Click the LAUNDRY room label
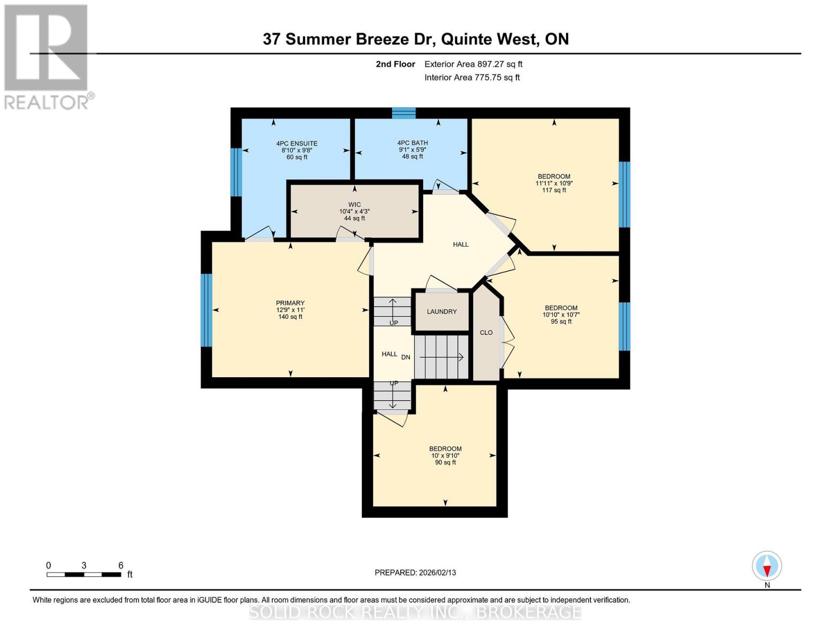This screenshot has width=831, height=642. tap(441, 311)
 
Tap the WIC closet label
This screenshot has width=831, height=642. tap(354, 204)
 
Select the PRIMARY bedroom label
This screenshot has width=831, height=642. tap(290, 303)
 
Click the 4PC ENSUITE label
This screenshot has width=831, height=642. tap(296, 143)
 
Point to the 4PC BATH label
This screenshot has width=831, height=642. tap(412, 143)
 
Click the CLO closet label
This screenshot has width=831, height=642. tap(486, 333)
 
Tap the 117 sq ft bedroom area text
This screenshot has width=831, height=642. tap(554, 190)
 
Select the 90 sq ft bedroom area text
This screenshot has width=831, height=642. tap(445, 462)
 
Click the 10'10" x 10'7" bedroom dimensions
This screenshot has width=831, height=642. tap(561, 315)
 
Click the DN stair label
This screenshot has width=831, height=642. tap(406, 357)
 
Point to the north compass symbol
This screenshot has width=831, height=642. tap(767, 566)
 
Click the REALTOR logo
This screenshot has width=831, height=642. tap(47, 56)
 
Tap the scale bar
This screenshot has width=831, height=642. tap(83, 575)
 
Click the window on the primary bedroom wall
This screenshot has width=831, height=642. tap(207, 310)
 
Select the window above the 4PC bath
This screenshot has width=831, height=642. tap(403, 113)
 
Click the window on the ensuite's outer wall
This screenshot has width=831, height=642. tap(236, 172)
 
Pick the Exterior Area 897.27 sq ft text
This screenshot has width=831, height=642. tap(473, 64)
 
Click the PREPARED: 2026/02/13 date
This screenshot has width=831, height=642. tap(415, 572)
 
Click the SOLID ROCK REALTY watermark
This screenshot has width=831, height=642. tap(415, 612)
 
